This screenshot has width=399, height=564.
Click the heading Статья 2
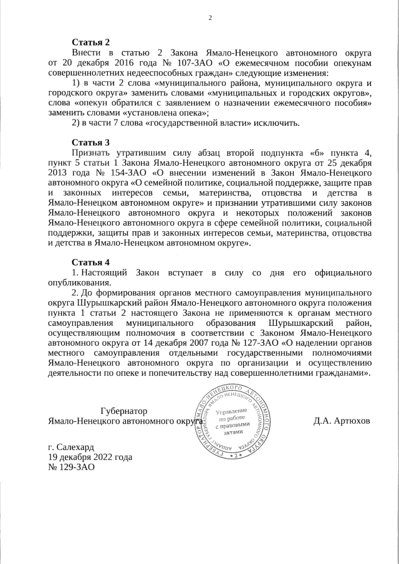[90, 42]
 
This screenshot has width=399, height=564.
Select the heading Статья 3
[90, 142]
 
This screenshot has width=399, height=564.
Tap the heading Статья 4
[90, 262]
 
